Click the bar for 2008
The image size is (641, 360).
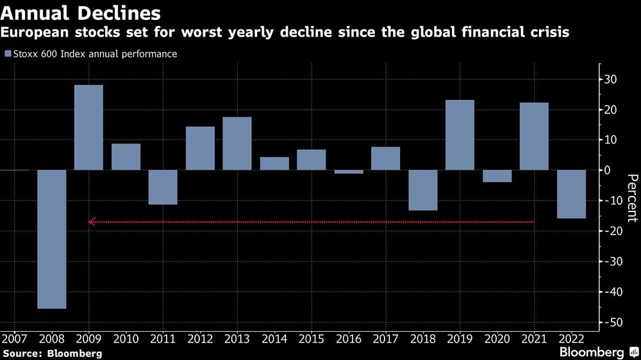pyautogui.click(x=51, y=239)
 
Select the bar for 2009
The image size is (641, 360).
pyautogui.click(x=88, y=127)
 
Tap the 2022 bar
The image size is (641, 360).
pyautogui.click(x=571, y=194)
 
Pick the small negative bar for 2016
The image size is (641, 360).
pyautogui.click(x=349, y=172)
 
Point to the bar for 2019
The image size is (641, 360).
pyautogui.click(x=460, y=135)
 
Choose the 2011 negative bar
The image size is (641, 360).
pyautogui.click(x=163, y=187)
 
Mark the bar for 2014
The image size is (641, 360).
pyautogui.click(x=274, y=163)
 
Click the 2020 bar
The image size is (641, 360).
pyautogui.click(x=497, y=176)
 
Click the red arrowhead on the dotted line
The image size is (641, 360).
pyautogui.click(x=92, y=222)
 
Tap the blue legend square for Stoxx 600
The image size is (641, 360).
pyautogui.click(x=8, y=54)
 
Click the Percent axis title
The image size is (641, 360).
pyautogui.click(x=631, y=198)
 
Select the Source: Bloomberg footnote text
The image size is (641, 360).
pyautogui.click(x=52, y=353)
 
